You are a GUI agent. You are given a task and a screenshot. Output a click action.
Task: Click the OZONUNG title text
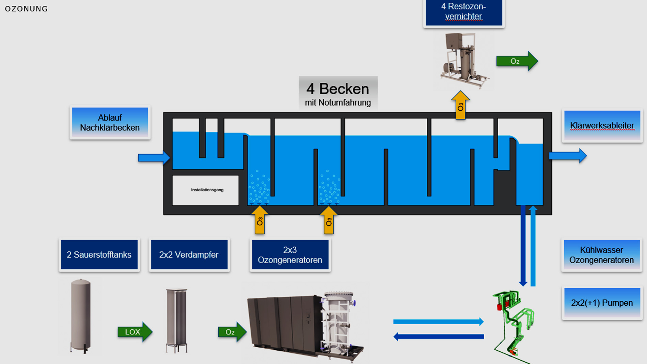coord(26,9)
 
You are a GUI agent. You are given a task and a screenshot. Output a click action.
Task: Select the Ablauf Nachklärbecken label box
coord(110,123)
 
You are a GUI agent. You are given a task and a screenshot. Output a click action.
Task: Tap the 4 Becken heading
coord(337,89)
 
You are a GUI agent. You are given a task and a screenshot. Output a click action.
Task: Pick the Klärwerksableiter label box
coord(602,126)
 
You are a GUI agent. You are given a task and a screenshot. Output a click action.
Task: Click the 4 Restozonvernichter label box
coord(463,12)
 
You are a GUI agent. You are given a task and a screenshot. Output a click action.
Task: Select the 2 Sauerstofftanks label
coord(99,255)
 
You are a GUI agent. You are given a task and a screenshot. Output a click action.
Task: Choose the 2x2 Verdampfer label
coord(189,255)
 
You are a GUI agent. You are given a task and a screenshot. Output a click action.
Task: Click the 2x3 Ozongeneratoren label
coord(290,255)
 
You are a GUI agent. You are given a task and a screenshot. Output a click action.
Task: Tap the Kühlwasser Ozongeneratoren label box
coord(601,255)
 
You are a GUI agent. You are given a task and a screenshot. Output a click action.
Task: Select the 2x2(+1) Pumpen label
coord(602,303)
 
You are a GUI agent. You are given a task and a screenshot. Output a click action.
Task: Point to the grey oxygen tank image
coord(81,315)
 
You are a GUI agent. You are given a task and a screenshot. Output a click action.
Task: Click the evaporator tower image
coord(176,320)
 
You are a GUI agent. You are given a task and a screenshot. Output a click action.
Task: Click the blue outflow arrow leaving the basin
coord(567,156)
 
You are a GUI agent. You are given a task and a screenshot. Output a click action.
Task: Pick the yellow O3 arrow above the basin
coord(460,106)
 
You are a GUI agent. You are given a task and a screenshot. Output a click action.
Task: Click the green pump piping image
coord(513,323)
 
